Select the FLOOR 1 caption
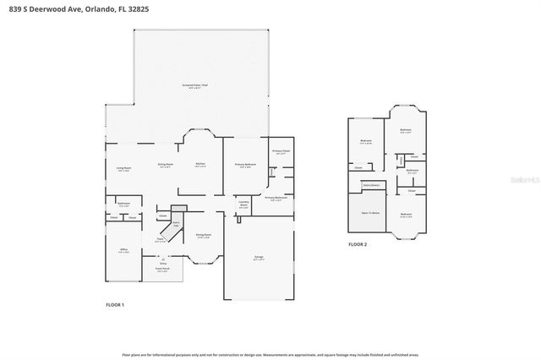click(x=115, y=304)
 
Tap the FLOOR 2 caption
click(x=358, y=244)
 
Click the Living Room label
click(x=123, y=168)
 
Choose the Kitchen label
click(x=200, y=164)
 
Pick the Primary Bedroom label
click(x=245, y=165)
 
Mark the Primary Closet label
click(x=281, y=151)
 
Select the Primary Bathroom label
click(x=276, y=199)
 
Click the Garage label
click(x=260, y=258)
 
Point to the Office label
click(x=123, y=250)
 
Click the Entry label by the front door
click(x=163, y=264)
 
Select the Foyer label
click(x=159, y=239)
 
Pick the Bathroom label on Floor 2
click(x=412, y=171)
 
